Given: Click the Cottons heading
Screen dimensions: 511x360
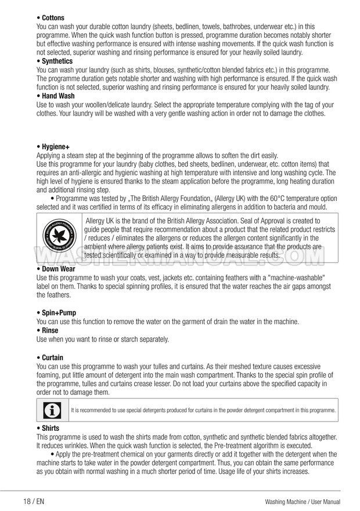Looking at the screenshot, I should (x=53, y=18).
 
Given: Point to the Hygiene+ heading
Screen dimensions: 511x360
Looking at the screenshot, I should (x=56, y=147).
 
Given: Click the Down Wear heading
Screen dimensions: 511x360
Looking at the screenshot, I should (x=59, y=269).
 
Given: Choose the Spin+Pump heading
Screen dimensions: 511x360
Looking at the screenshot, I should (x=59, y=313).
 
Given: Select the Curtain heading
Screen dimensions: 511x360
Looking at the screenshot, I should (x=53, y=358).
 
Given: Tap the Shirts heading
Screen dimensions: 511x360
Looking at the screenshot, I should (x=51, y=428).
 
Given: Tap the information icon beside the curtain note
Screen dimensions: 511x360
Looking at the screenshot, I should (x=52, y=411).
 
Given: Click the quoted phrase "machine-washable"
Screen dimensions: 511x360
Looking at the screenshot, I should (x=293, y=278).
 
